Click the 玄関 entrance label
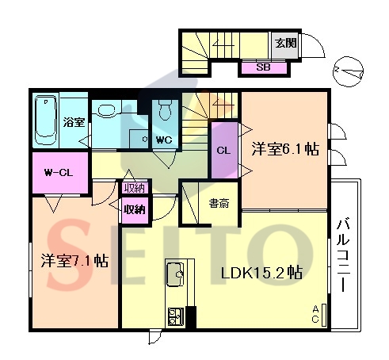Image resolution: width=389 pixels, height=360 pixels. click(286, 43)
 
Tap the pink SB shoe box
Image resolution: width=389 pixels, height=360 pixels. click(264, 67)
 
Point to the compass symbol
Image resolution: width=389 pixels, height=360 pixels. click(348, 71)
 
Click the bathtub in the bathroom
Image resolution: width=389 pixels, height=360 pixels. click(46, 121)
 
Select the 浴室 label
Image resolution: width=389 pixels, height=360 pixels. click(74, 122)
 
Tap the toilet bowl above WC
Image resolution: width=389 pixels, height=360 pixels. click(166, 110)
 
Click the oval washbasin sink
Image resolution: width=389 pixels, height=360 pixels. click(106, 109)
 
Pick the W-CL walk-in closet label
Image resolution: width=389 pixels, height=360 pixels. click(58, 173)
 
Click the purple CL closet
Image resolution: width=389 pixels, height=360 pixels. click(224, 150)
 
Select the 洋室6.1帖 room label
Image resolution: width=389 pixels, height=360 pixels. click(285, 149)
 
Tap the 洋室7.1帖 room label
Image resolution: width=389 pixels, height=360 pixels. click(74, 261)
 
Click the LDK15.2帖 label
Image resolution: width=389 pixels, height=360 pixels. click(261, 273)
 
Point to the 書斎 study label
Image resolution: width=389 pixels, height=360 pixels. click(219, 204)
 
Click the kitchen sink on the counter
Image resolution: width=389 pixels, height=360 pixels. click(175, 274)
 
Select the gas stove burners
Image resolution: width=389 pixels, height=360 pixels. click(176, 316)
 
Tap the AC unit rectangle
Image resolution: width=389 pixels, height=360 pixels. click(324, 315)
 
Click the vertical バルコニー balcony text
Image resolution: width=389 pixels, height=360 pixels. click(343, 255)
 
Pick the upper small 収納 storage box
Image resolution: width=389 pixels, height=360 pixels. click(135, 188)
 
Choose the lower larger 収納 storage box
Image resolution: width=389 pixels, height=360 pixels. click(135, 210)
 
